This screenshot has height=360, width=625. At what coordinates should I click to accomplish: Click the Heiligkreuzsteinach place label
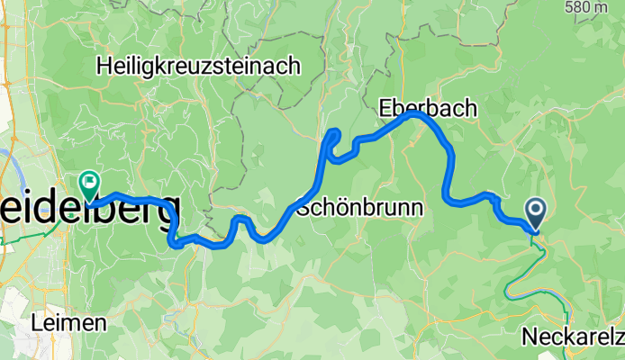click(x=201, y=65)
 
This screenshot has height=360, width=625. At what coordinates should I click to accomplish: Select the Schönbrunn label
click(x=359, y=208)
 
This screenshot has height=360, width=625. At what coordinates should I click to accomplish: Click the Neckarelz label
click(x=573, y=337)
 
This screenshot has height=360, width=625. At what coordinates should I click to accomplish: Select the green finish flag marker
click(x=88, y=184)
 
